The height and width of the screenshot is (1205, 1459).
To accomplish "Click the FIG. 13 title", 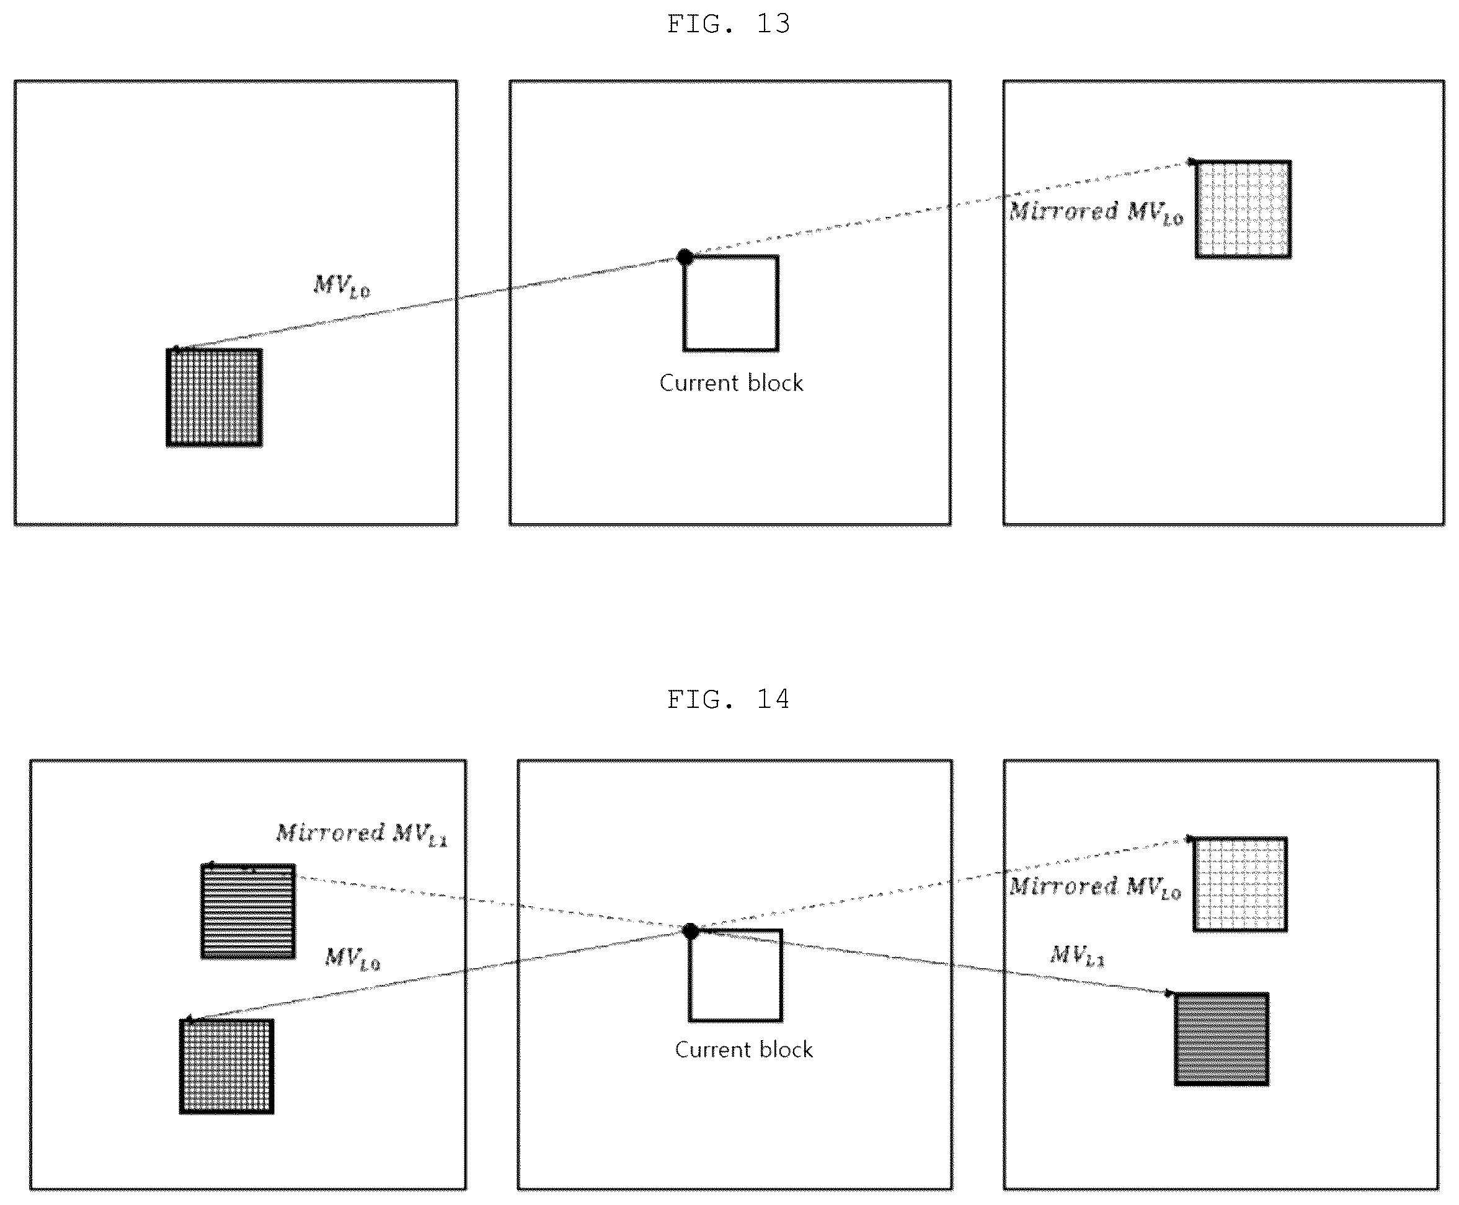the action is [x=729, y=24].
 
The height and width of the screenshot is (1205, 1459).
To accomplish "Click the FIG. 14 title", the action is [x=729, y=700].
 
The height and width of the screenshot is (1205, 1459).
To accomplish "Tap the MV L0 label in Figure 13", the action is [x=342, y=285].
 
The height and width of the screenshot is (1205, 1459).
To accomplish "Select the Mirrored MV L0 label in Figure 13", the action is [x=1096, y=212].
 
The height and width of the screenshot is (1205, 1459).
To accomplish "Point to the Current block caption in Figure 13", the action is [x=731, y=382].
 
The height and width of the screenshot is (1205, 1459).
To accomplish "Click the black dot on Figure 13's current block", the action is [x=685, y=257].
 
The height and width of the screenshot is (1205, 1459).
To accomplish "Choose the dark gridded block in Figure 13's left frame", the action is [x=215, y=397].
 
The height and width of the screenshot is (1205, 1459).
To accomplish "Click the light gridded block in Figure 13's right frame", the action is [x=1243, y=210].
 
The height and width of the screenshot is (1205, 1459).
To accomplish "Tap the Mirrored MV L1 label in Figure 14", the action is [x=361, y=834].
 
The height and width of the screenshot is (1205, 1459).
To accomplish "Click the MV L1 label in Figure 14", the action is [x=1077, y=955].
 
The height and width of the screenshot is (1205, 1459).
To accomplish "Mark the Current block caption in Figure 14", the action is [x=743, y=1049].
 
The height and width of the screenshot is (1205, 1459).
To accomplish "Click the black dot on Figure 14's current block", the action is [x=690, y=931].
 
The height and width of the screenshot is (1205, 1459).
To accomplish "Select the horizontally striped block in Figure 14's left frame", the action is [x=248, y=911].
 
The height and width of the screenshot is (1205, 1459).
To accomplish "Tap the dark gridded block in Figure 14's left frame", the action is [x=227, y=1066].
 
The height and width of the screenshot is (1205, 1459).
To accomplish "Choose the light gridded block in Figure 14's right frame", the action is [x=1240, y=885].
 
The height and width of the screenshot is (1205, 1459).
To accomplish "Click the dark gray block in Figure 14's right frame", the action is [x=1222, y=1038].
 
